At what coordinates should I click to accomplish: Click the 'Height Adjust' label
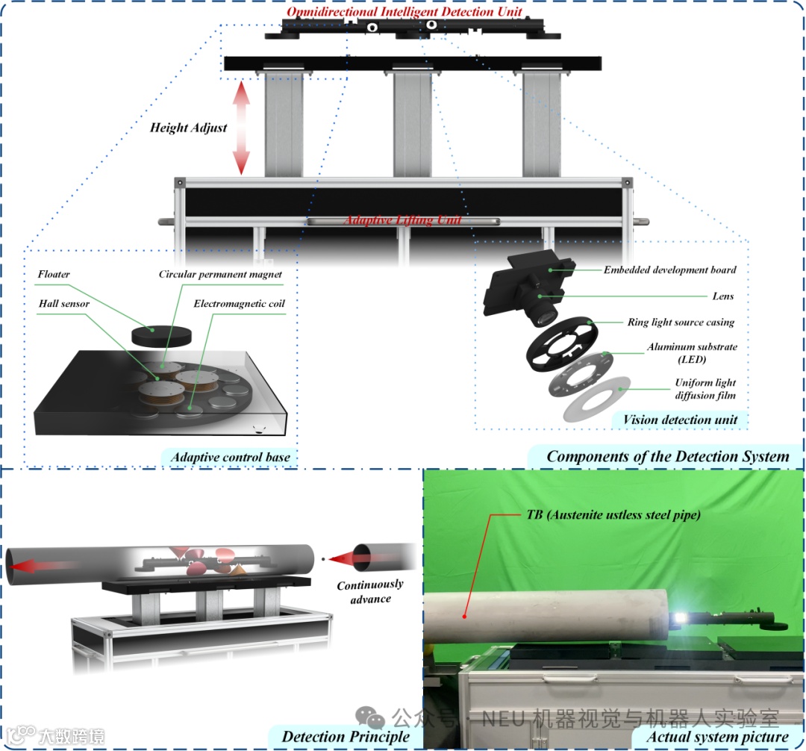[x=188, y=128]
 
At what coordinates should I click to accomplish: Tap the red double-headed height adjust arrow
[x=240, y=128]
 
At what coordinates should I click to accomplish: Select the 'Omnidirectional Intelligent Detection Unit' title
[x=404, y=13]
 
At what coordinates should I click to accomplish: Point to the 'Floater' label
[x=54, y=275]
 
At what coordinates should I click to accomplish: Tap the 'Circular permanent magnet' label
[x=220, y=275]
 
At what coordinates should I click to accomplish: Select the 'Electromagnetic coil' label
[x=239, y=305]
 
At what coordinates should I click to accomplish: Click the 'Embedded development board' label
[x=669, y=269]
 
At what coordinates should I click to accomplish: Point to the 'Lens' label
[x=722, y=296]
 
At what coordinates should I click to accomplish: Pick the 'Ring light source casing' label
[x=680, y=322]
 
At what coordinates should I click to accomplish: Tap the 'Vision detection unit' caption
[x=680, y=420]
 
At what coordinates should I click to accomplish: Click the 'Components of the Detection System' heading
[x=667, y=457]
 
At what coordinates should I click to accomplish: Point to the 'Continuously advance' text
[x=370, y=591]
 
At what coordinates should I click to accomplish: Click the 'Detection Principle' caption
[x=346, y=737]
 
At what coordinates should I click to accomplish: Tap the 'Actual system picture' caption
[x=716, y=737]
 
